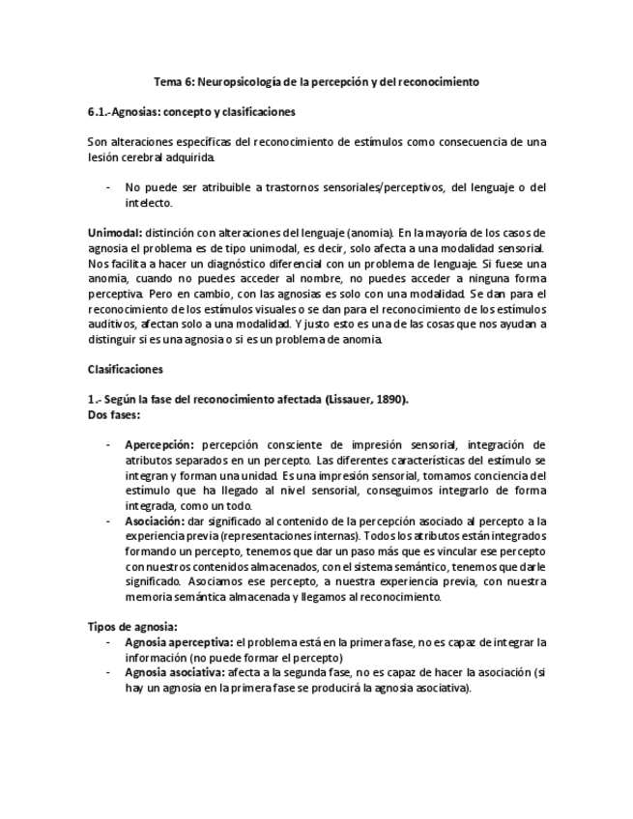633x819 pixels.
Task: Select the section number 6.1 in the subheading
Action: (x=99, y=112)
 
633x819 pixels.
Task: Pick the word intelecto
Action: (x=148, y=203)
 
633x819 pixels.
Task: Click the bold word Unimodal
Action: (x=114, y=233)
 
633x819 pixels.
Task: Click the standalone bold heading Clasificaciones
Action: (x=126, y=369)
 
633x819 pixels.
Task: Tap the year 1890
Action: (x=389, y=400)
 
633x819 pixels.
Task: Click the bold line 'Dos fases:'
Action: (x=113, y=414)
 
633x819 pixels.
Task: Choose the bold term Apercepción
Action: (x=159, y=445)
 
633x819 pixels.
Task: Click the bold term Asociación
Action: (x=156, y=521)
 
